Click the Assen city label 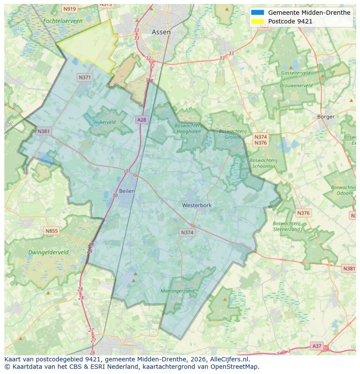[161, 32]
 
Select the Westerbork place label [197, 205]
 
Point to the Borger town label [326, 116]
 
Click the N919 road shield [69, 9]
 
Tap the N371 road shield [85, 77]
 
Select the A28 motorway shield [141, 119]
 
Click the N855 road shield [51, 231]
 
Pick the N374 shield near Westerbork [187, 233]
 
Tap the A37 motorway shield [317, 346]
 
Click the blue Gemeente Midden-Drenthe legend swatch [257, 13]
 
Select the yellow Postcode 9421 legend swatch [257, 21]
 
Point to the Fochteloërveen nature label [63, 21]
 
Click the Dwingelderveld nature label [48, 252]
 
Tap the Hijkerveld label [105, 122]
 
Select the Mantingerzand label [177, 291]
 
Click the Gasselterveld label [295, 73]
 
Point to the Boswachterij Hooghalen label [189, 129]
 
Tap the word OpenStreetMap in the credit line [235, 367]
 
